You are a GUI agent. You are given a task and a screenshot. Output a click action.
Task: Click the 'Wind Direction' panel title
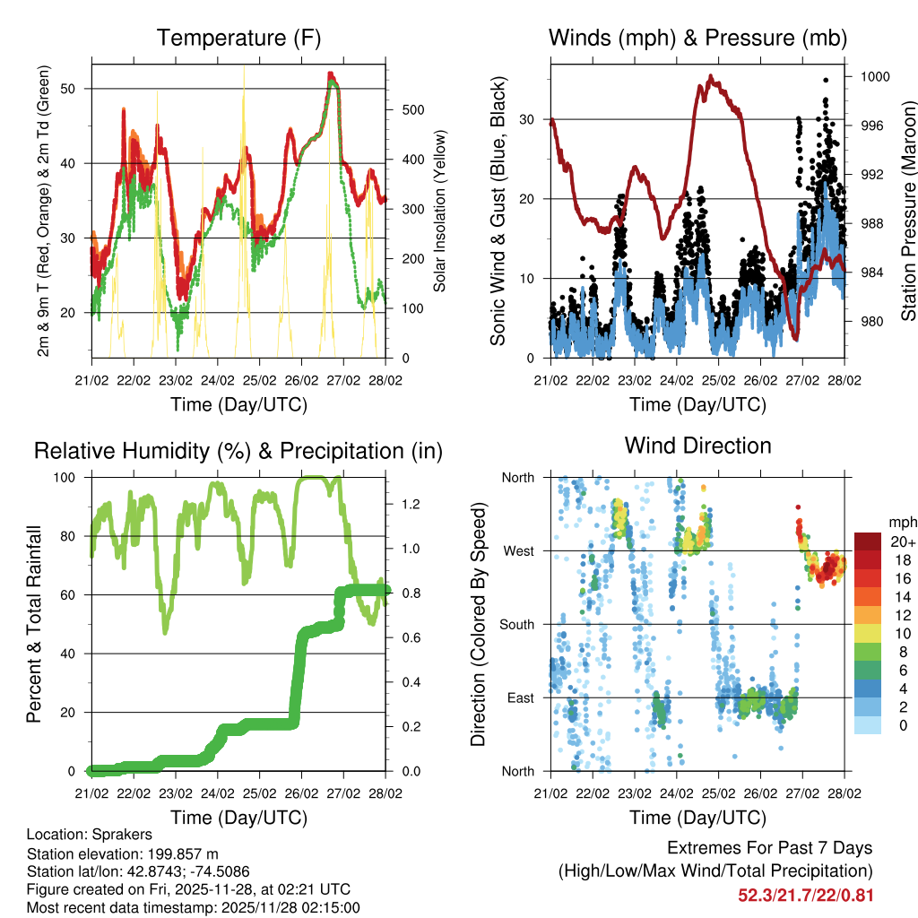click(x=697, y=445)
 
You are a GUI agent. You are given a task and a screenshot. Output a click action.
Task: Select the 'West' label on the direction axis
click(x=517, y=550)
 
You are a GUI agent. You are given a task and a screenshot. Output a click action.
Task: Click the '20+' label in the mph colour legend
click(x=901, y=541)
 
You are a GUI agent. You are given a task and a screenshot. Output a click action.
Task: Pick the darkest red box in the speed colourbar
click(x=867, y=541)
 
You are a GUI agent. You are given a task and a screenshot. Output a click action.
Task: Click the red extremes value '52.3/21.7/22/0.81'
click(x=805, y=895)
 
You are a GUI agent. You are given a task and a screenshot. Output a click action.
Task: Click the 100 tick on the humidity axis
click(x=72, y=477)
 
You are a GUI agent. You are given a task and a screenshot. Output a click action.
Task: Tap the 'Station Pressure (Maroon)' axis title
click(x=907, y=198)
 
